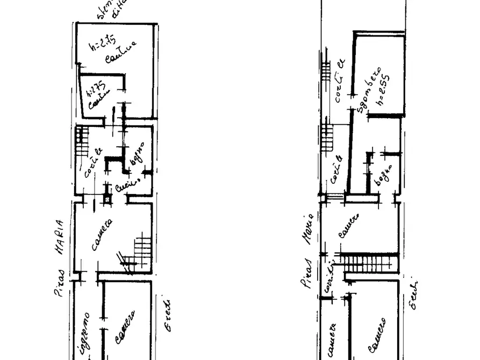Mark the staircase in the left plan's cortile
(x=82, y=141)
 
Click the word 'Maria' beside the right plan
(x=308, y=228)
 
